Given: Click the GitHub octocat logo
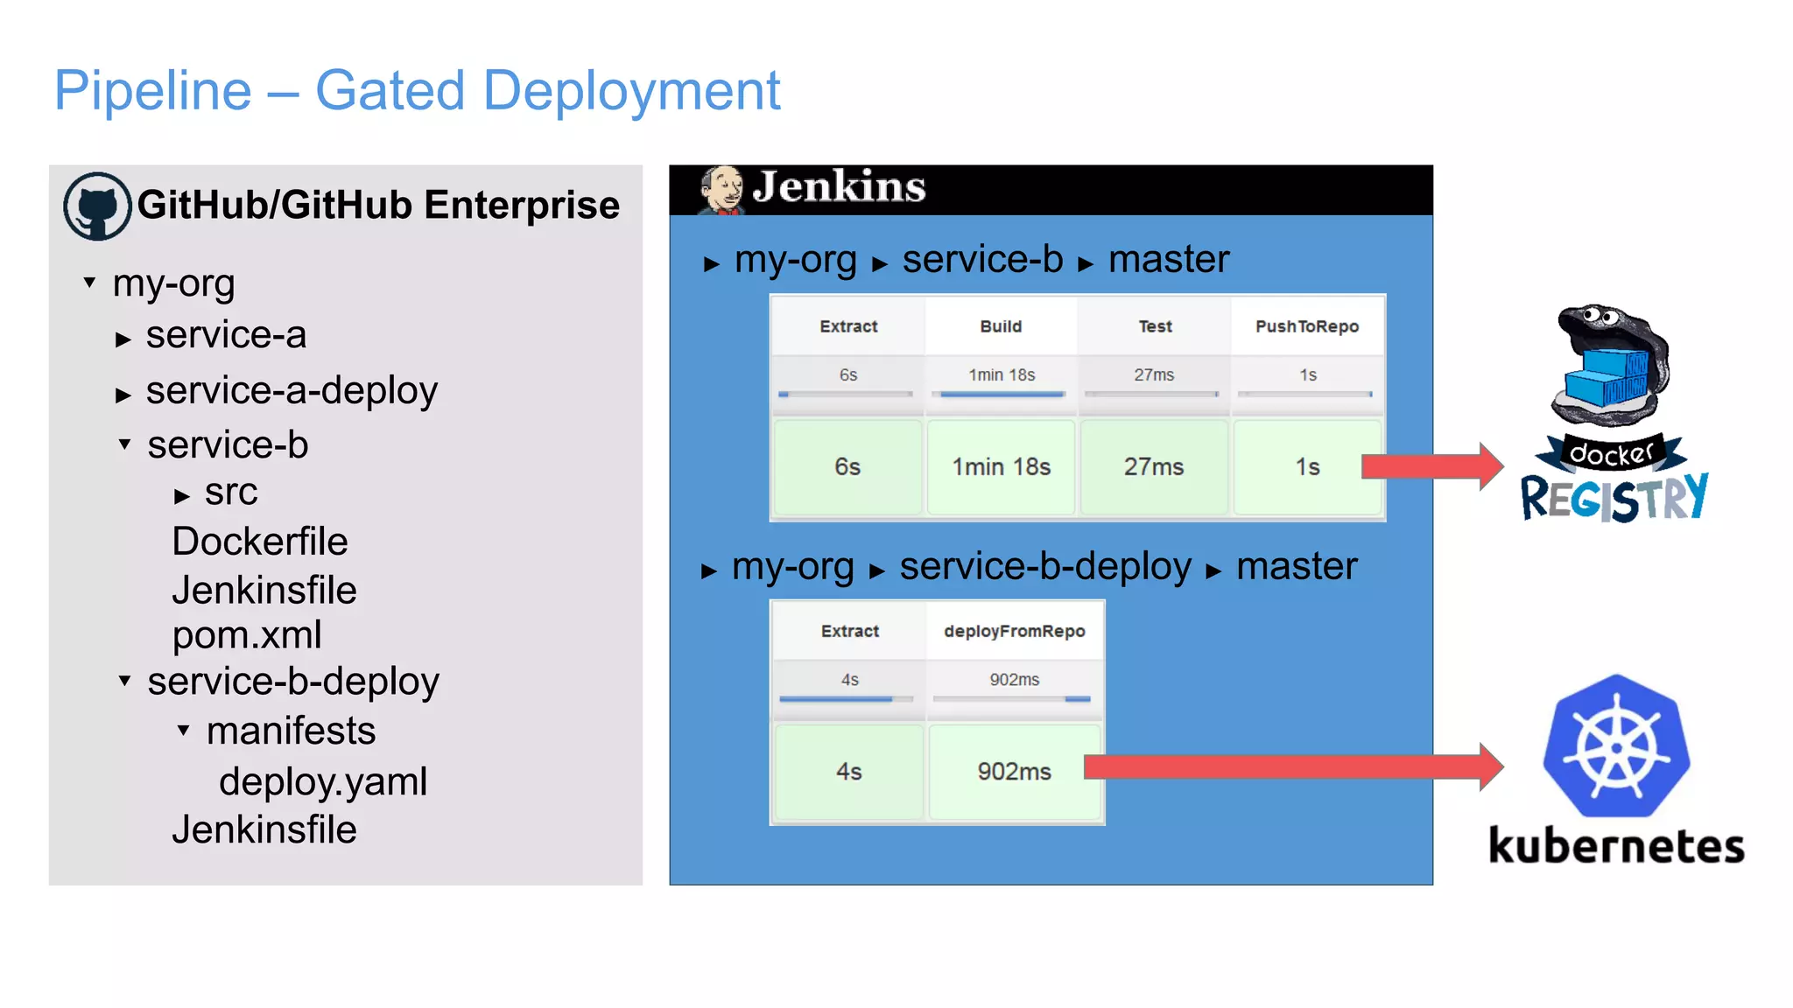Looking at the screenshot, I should click(x=97, y=206).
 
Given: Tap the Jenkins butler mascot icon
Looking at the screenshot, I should click(x=721, y=190).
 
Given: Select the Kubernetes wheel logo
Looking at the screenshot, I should click(x=1616, y=746).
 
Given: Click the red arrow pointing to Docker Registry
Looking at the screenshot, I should click(x=1431, y=466).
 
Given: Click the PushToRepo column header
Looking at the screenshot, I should click(x=1307, y=326).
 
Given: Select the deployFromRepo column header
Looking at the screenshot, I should click(x=1014, y=631).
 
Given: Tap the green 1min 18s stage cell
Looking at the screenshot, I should click(x=1001, y=467).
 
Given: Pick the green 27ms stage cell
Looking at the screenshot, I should click(x=1154, y=467).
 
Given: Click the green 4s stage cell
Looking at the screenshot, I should click(x=848, y=772).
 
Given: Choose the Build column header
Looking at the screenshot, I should click(x=1001, y=326).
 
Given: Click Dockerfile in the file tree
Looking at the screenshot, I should click(x=260, y=542).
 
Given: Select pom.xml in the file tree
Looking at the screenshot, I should click(x=247, y=635).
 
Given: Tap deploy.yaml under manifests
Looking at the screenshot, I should click(x=323, y=781).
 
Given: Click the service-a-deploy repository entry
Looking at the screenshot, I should click(x=292, y=390).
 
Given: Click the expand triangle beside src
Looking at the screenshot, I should click(x=182, y=496).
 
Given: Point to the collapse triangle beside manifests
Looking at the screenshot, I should click(x=183, y=730).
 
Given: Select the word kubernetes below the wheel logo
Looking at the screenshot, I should click(x=1616, y=846).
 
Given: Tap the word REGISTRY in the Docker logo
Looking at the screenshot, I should click(x=1614, y=498).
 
